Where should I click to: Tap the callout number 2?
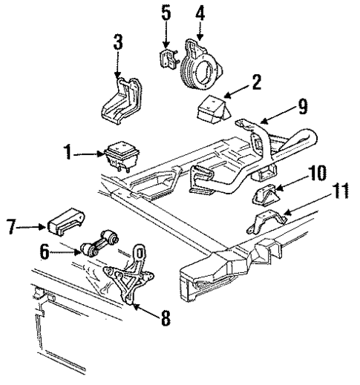point(256,83)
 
